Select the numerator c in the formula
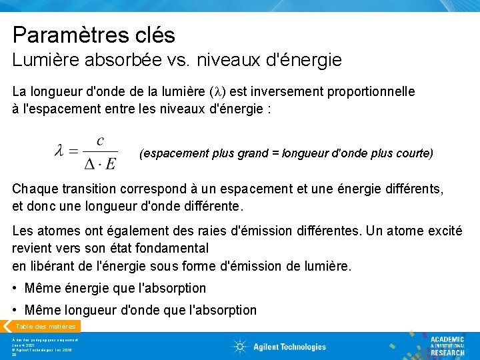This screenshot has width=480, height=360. (x=100, y=141)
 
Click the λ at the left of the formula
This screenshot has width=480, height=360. (x=60, y=152)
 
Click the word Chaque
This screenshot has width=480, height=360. (x=35, y=189)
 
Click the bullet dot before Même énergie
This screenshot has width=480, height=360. (x=15, y=289)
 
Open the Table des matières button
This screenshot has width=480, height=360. (x=44, y=327)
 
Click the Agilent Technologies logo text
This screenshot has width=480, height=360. (x=288, y=347)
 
